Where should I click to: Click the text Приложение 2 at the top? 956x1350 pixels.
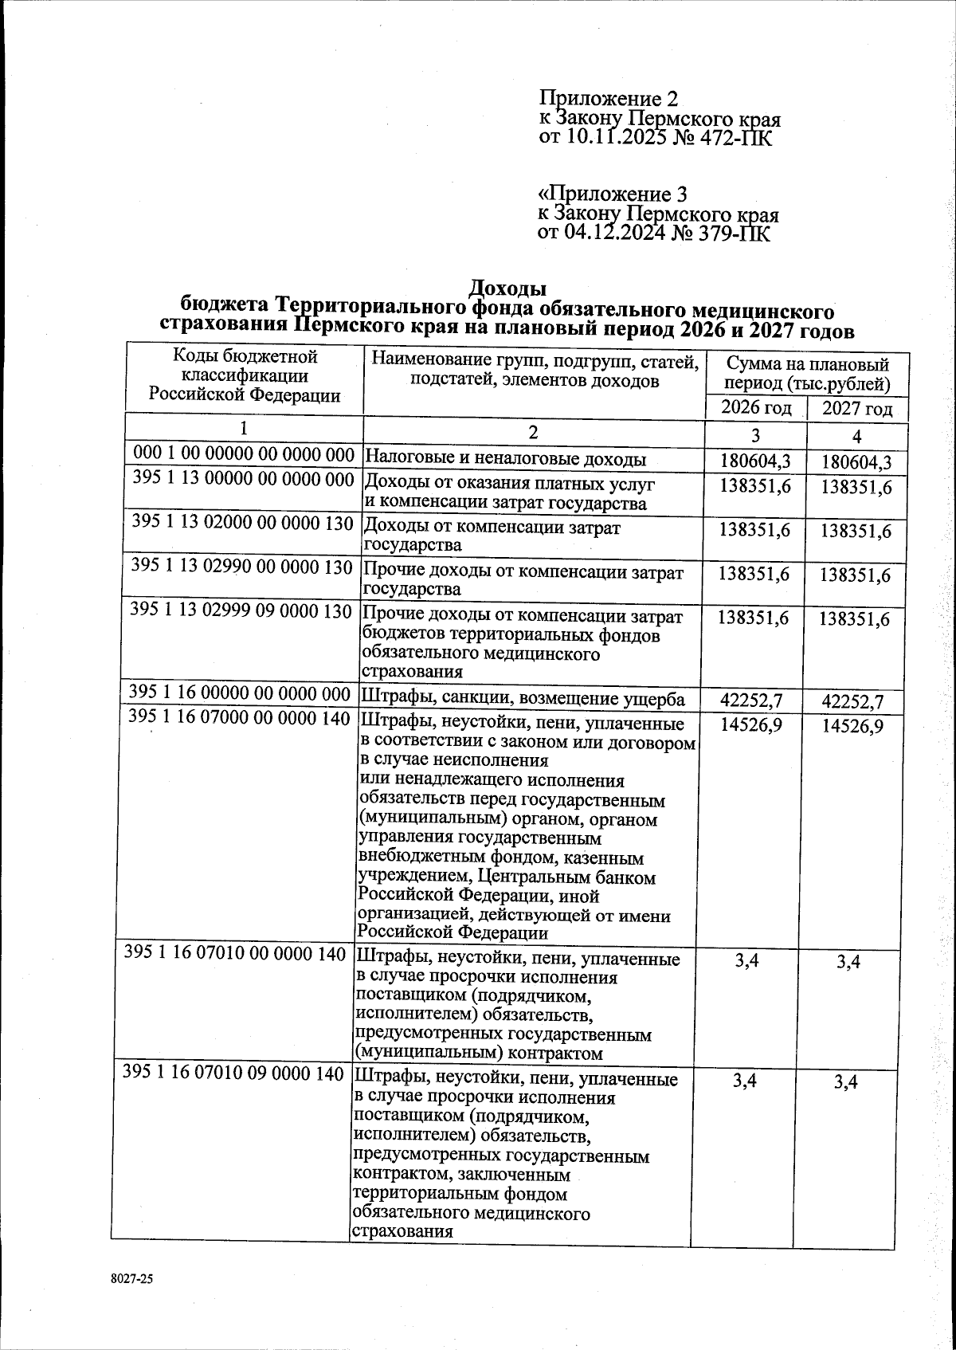tap(609, 99)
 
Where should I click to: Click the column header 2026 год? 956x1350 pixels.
tap(755, 408)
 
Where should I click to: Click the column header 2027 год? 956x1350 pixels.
tap(857, 410)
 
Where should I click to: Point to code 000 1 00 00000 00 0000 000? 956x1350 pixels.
tap(244, 455)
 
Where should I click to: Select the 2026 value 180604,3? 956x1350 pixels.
tap(756, 461)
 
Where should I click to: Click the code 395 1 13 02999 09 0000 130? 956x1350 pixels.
tap(241, 611)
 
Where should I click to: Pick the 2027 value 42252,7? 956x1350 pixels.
tap(856, 701)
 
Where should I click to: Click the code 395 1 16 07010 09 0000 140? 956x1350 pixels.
tap(233, 1073)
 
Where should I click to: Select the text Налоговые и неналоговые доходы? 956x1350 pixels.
tap(505, 460)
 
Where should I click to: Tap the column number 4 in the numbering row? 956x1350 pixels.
tap(857, 437)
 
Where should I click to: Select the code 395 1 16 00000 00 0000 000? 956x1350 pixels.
tap(240, 693)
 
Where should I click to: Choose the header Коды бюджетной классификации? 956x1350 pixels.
tap(245, 365)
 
